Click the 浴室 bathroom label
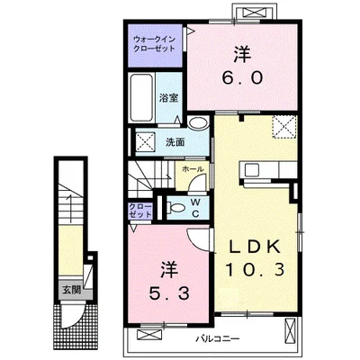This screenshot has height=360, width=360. coord(169,98)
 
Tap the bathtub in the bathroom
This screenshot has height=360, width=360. coord(142,97)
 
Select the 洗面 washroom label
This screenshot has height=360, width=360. coord(175,142)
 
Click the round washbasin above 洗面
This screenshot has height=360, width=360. coord(198,123)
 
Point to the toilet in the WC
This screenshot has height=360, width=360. coord(177,207)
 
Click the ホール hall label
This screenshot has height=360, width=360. coord(193,169)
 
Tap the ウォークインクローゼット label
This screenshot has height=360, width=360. coord(154,44)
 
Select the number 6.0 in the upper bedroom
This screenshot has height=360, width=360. coord(242,78)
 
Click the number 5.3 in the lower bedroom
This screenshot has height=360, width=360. coord(170,293)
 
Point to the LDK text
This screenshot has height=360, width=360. coord(255,247)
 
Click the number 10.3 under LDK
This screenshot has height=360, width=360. coord(255,269)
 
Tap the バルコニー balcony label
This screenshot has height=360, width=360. coord(218,339)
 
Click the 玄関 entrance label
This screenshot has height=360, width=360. coord(72,290)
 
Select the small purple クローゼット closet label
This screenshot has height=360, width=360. coord(140,211)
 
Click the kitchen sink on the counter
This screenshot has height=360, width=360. coord(252,170)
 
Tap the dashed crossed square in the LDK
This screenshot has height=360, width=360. coord(284,127)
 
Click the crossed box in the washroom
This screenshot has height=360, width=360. coord(146,142)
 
